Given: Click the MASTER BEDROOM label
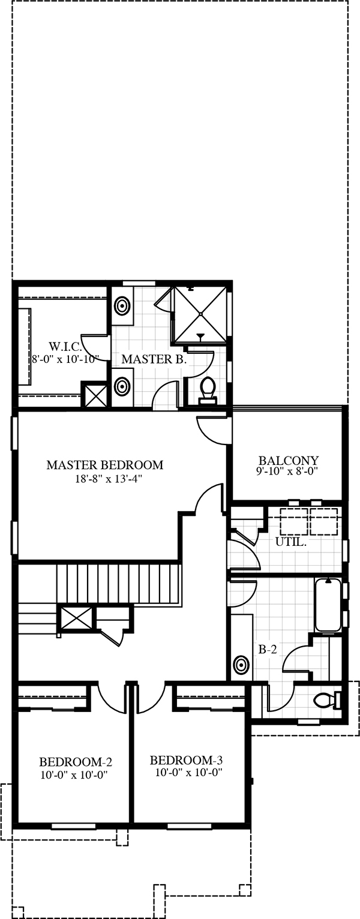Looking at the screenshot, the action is [104, 465].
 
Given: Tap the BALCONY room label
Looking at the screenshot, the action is [288, 460].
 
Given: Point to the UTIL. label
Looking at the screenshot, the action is [290, 542].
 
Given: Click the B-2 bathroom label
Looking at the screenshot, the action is [268, 650].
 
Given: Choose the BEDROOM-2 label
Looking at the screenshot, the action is [76, 762].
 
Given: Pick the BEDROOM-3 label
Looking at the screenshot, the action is [186, 761].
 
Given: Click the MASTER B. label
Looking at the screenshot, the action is [154, 359].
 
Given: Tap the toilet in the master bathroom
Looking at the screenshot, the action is [207, 390].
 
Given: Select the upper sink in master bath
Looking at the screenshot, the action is [122, 306].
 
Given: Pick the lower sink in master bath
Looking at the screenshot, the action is [122, 386].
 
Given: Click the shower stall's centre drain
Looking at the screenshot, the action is [201, 314].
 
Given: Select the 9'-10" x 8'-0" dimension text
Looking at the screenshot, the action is [287, 471].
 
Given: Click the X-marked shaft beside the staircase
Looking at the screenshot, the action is [76, 617].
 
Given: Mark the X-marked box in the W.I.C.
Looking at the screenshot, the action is [94, 394].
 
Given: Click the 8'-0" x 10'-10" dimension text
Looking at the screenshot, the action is [65, 359].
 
